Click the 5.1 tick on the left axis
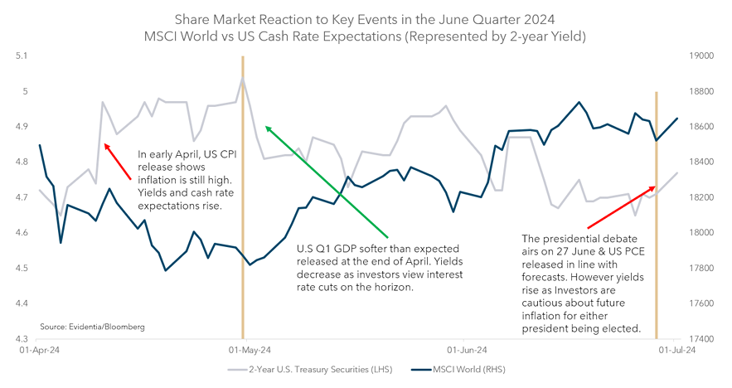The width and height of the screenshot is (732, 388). click(x=21, y=56)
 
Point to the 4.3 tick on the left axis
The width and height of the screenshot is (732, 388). click(x=21, y=339)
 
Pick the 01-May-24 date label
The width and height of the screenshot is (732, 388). click(x=242, y=352)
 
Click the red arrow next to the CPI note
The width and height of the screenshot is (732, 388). click(x=117, y=161)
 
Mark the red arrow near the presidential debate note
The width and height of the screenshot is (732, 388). click(x=621, y=206)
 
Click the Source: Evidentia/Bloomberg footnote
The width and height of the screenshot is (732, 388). click(x=92, y=327)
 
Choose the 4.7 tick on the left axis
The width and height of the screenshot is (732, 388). click(x=21, y=197)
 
